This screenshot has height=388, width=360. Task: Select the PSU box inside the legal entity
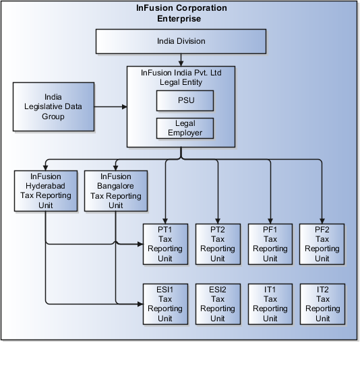click(x=185, y=100)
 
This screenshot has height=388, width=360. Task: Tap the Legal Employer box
click(x=185, y=127)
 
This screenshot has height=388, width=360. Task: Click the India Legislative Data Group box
click(x=52, y=107)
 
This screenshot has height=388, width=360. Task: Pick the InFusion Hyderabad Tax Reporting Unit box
click(x=45, y=190)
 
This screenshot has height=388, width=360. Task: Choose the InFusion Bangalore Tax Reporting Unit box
click(x=115, y=190)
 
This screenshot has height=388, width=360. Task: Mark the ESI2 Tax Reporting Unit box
click(x=217, y=304)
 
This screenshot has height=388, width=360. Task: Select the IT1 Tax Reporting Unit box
click(x=270, y=304)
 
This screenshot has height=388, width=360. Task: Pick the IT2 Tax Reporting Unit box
click(x=322, y=304)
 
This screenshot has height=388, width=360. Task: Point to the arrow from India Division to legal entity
click(x=181, y=59)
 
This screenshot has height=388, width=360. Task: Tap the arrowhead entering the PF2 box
click(x=322, y=219)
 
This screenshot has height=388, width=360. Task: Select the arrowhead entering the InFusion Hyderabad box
click(x=45, y=166)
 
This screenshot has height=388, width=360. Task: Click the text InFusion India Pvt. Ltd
click(x=181, y=73)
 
